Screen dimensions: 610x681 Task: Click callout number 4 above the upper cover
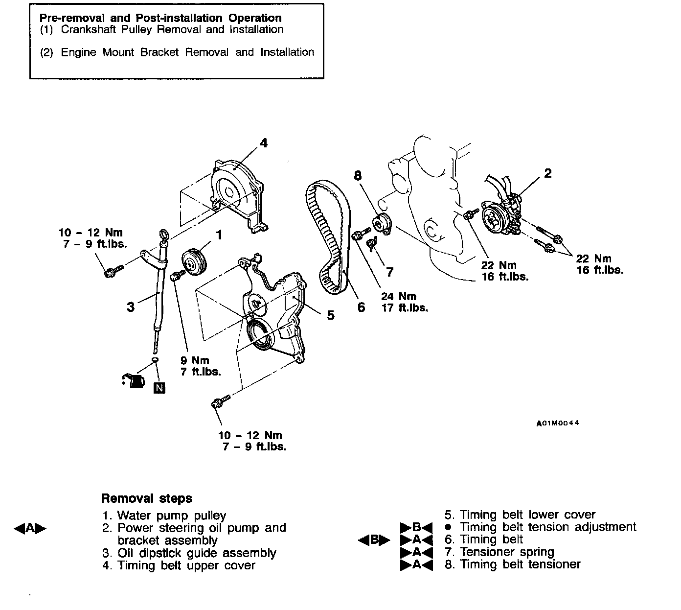[264, 143]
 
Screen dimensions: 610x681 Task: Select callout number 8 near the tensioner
[358, 176]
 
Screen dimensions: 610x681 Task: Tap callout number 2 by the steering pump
[547, 173]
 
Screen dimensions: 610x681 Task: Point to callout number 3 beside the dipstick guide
[130, 307]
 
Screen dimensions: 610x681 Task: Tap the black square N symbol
[159, 388]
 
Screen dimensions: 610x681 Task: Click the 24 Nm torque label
[398, 296]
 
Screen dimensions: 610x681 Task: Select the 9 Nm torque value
[194, 361]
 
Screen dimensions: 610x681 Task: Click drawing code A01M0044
[557, 423]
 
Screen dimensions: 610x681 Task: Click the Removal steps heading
[146, 498]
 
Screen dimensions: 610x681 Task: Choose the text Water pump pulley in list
[172, 516]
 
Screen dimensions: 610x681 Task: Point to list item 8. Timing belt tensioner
[512, 564]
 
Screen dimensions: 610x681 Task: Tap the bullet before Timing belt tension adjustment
[447, 527]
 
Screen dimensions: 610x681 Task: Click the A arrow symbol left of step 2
[30, 528]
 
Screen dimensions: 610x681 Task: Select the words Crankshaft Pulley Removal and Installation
[172, 29]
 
